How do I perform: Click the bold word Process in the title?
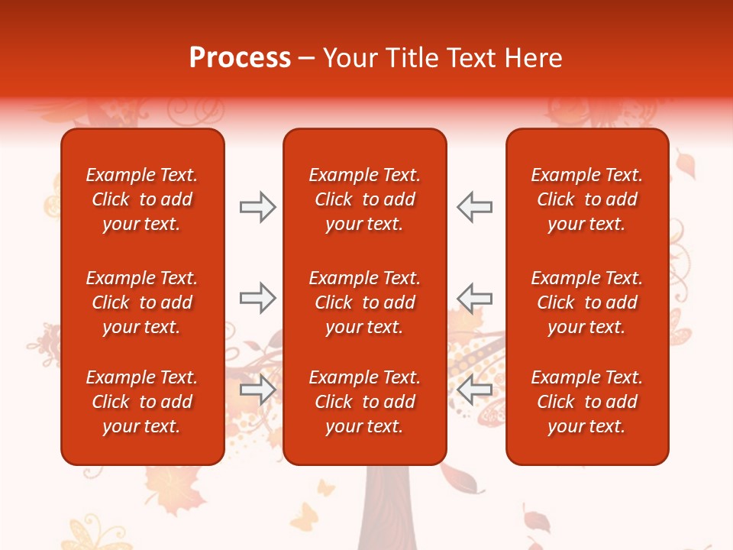point(240,58)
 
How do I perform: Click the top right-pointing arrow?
point(257,207)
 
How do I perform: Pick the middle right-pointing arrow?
point(257,298)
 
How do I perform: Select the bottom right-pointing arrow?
point(257,390)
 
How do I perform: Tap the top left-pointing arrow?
point(474,207)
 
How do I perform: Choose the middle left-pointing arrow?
point(474,298)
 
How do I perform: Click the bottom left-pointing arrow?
point(474,390)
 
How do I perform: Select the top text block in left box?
point(142,199)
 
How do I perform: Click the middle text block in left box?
point(142,302)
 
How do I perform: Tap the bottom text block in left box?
point(142,402)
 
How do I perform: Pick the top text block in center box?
point(364,199)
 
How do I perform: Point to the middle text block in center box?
point(364,302)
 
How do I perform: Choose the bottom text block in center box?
point(364,402)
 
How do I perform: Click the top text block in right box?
point(586,199)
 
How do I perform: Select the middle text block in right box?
point(586,302)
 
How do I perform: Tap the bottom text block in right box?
point(586,402)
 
